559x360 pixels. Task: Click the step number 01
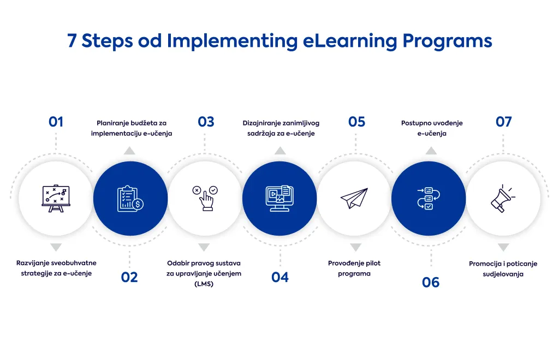tap(56, 122)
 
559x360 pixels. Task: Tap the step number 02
tap(129, 277)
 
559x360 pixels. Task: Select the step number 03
tap(206, 122)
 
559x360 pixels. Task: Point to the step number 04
tap(280, 277)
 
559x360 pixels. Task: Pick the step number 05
tap(356, 122)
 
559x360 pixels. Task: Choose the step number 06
tap(431, 283)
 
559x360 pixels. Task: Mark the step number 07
tap(503, 122)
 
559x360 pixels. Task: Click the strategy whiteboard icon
tap(56, 199)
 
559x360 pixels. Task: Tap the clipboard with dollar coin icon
tap(130, 199)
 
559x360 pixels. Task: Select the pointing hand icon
tap(205, 199)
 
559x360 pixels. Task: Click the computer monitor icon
tap(279, 199)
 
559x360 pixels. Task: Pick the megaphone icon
tap(503, 199)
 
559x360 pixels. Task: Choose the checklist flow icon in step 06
tap(429, 199)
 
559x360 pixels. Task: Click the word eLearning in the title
tap(350, 40)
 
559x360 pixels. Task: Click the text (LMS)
tap(204, 284)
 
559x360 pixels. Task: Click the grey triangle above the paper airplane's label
tap(355, 247)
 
